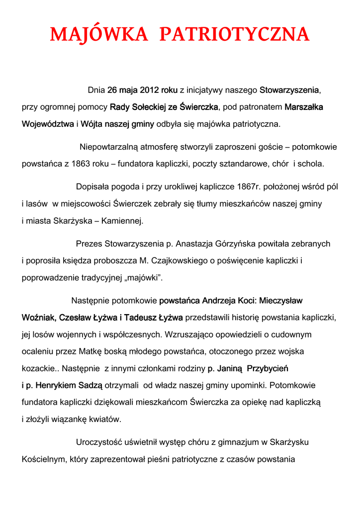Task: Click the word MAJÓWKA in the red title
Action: (x=99, y=35)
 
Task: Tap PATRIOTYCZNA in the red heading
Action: (x=234, y=35)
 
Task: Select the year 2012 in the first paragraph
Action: (x=149, y=90)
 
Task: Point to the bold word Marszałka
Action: (x=304, y=107)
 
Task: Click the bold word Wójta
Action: (x=92, y=124)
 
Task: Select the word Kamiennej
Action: (x=122, y=221)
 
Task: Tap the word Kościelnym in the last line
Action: (x=44, y=459)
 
